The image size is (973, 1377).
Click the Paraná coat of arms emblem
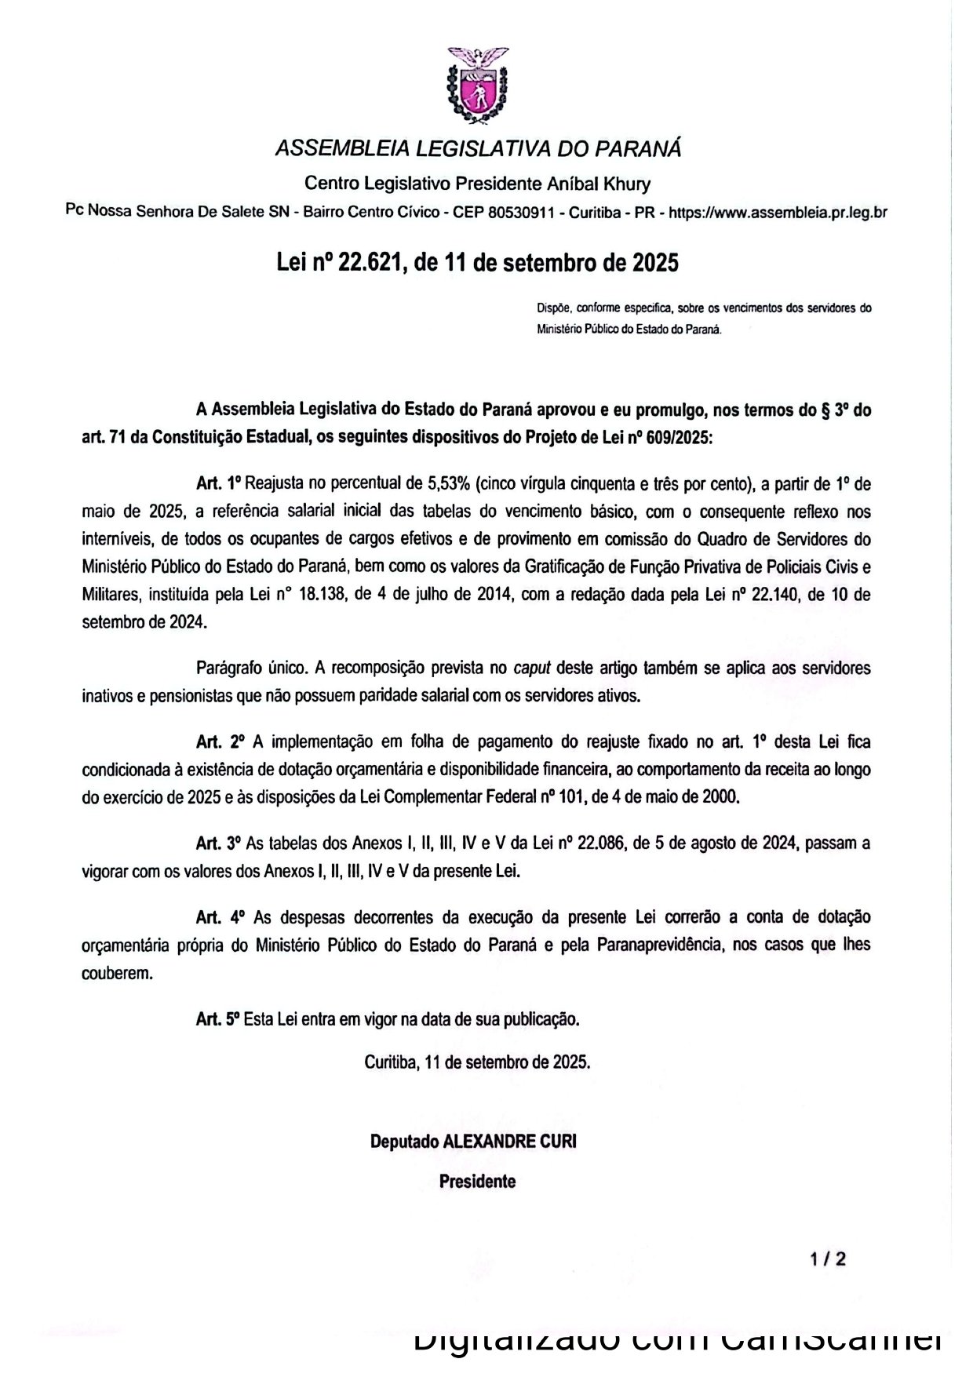coord(477,85)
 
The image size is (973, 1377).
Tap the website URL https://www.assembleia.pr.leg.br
coord(778,212)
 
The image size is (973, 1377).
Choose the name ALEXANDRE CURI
coord(510,1142)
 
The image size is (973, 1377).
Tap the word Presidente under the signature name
coord(477,1181)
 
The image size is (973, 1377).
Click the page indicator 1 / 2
coord(829,1259)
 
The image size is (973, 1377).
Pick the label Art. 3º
coord(218,843)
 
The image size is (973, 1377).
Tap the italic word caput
coord(531,668)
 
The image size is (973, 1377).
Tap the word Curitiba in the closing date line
coord(389,1062)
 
